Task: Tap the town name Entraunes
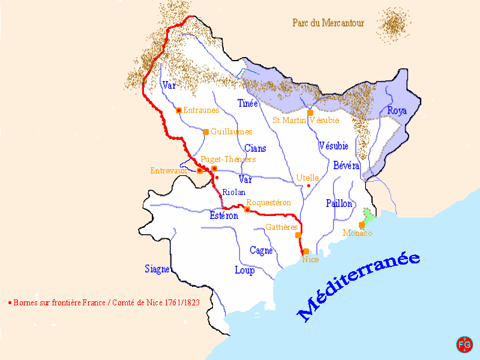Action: coord(201,110)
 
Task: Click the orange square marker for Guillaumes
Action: coord(206,132)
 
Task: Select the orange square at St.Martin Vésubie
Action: coord(310,113)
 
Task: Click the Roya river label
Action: coord(397,111)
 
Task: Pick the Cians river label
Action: coord(256,148)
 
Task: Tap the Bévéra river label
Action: coord(346,166)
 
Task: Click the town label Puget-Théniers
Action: coord(229,159)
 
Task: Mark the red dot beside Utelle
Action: coord(308,185)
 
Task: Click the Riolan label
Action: coord(233,193)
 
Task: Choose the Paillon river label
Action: coord(339,204)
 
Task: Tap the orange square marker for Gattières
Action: coord(298,235)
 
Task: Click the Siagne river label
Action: coord(157,269)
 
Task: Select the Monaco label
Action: coord(358,233)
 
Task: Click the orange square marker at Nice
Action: coord(306,251)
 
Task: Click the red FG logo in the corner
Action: coord(464,344)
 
